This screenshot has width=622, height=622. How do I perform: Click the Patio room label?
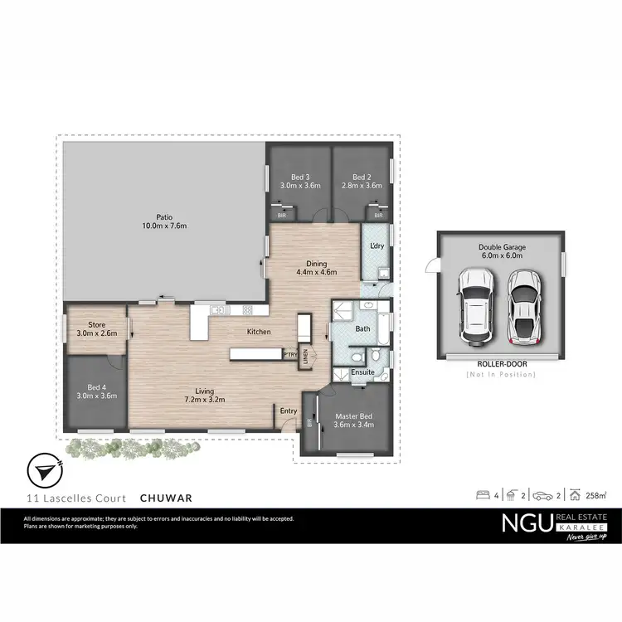163,217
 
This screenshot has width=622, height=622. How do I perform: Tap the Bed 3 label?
299,177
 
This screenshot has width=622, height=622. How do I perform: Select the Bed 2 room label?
361,177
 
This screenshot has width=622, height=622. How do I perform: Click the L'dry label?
377,245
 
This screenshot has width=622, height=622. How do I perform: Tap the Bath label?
362,329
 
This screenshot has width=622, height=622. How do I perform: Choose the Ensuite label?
362,372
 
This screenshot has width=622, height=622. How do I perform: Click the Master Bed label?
353,415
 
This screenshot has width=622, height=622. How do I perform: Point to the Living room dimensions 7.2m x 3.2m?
204,401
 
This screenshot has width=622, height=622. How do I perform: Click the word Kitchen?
259,333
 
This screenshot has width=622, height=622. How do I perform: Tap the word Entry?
289,411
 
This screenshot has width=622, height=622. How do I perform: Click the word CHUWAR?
167,498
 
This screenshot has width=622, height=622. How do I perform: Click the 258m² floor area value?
595,496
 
